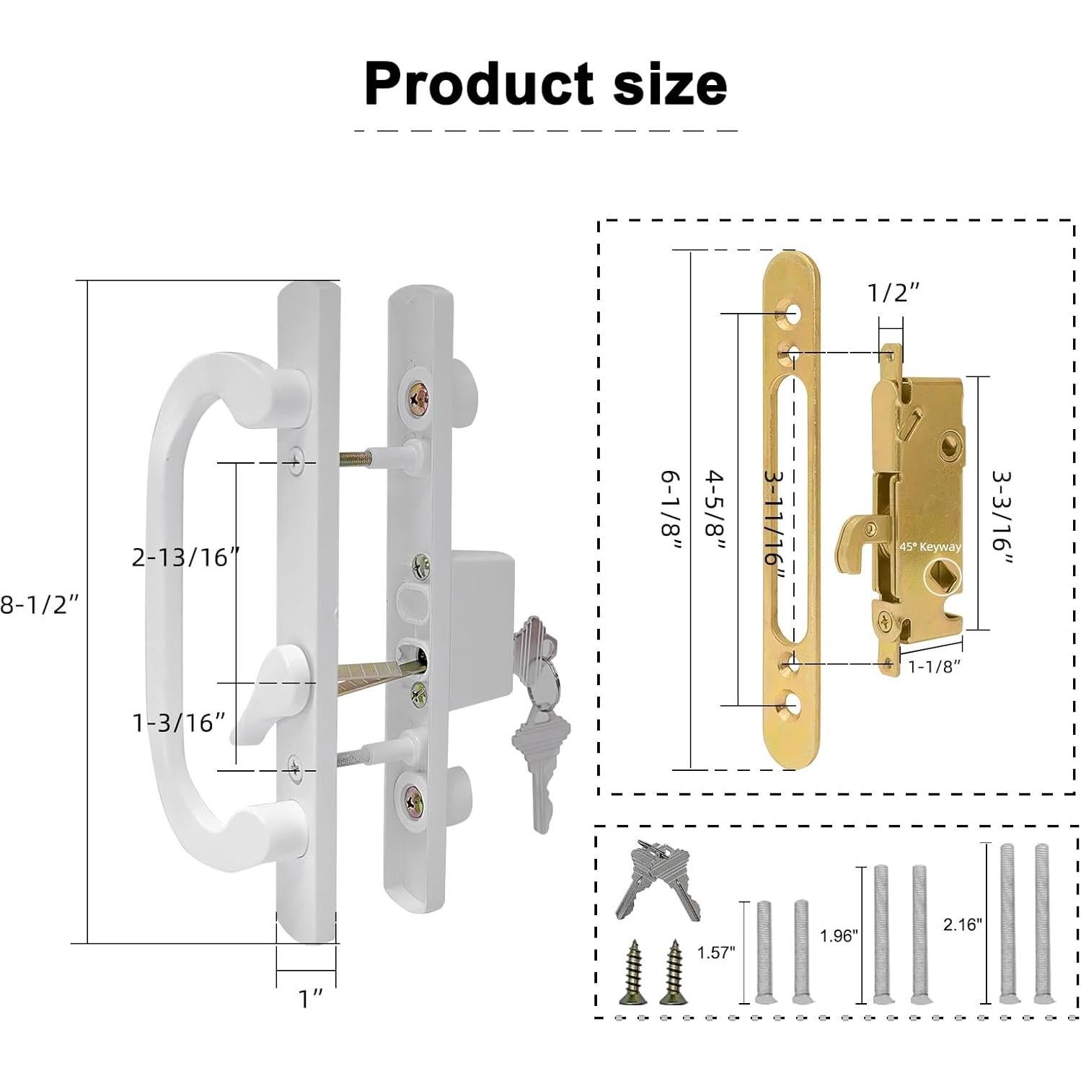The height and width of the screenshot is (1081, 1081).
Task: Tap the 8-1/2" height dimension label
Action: [39, 604]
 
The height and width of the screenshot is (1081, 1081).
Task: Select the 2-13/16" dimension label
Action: [185, 557]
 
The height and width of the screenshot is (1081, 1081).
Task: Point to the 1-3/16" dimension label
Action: [179, 723]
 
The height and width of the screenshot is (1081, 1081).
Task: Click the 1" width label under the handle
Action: [310, 999]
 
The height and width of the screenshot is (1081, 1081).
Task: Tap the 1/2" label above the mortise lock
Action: [894, 293]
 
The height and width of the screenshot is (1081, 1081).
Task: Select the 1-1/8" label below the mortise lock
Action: [935, 666]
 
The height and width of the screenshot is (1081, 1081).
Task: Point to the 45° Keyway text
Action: [930, 547]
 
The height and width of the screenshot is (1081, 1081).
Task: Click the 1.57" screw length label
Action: [715, 953]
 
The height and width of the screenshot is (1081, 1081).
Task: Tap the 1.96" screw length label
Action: [838, 936]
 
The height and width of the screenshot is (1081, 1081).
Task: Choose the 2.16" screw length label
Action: [963, 925]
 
